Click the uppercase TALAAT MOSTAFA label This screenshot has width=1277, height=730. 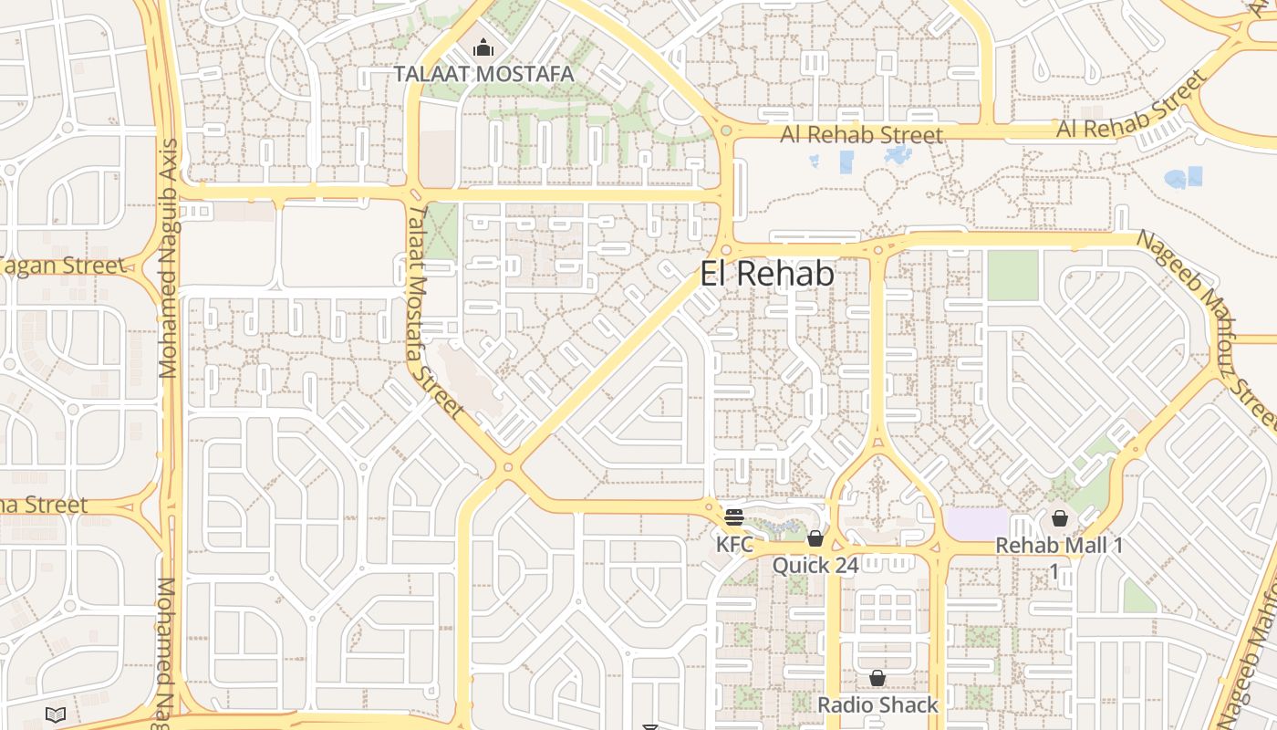483,74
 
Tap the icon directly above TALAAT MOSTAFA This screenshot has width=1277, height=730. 483,47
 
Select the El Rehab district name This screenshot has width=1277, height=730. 767,274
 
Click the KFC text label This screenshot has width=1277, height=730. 734,545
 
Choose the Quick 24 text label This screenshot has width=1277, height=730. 815,566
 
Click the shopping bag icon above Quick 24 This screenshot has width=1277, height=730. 815,538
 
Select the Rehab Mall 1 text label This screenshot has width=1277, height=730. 1059,545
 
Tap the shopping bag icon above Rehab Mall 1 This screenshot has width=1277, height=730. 1059,518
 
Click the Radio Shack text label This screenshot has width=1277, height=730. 877,704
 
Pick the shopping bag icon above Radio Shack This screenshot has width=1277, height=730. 877,678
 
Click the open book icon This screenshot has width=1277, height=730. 55,714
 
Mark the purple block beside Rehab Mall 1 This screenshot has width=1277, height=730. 977,524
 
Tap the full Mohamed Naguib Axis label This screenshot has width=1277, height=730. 169,258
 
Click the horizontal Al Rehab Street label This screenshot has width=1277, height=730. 861,135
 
